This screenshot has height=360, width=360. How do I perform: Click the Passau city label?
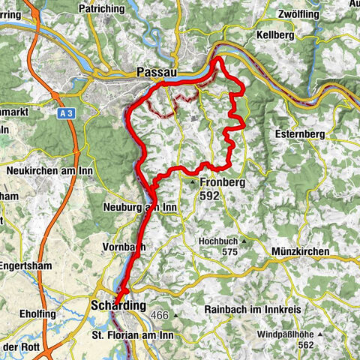point(156,72)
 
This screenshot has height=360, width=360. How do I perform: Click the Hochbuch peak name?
point(217,241)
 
